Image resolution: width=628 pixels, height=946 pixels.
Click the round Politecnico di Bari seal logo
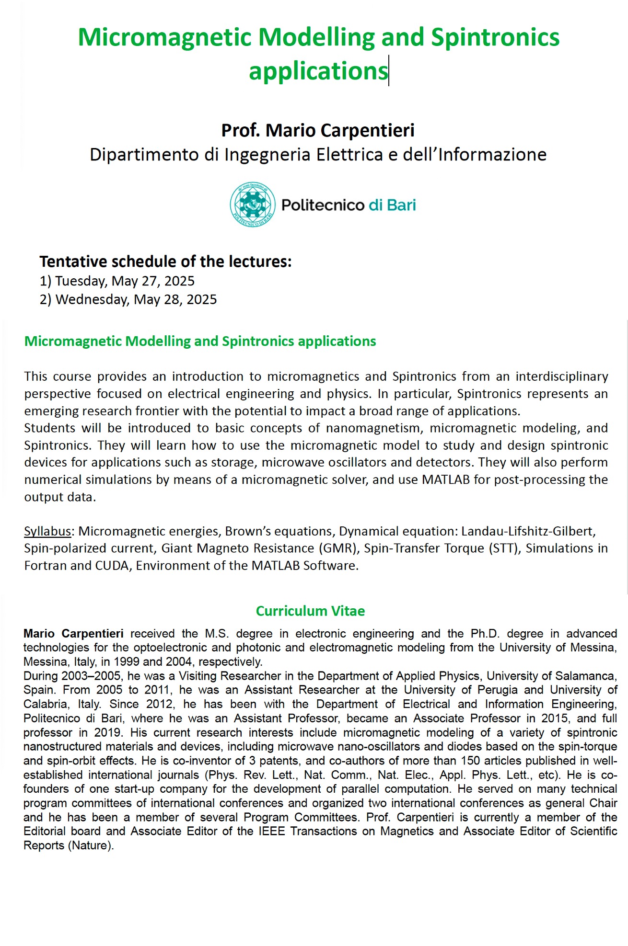253,205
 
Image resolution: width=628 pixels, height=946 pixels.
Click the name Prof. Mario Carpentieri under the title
318,130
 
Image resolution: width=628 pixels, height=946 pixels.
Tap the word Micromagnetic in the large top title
164,37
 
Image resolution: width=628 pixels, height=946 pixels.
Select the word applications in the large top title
318,71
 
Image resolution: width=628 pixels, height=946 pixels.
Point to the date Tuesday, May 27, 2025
125,281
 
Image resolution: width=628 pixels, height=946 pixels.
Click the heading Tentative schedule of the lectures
165,262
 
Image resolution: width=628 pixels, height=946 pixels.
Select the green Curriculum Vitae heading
310,611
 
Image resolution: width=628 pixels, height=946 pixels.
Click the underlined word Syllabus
47,531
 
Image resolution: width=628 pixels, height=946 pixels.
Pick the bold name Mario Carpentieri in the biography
73,634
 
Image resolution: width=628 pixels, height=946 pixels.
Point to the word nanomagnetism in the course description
372,428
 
